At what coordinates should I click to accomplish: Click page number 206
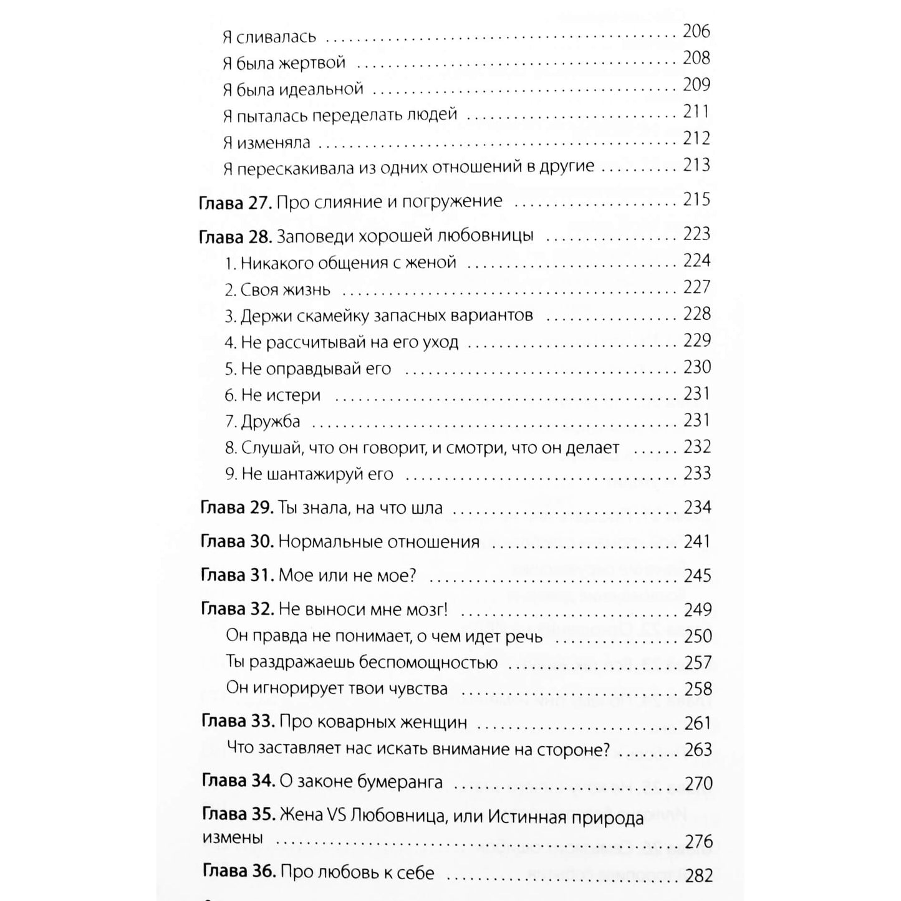coord(696,31)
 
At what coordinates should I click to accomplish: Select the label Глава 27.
coord(234,202)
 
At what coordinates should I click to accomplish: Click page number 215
coord(696,200)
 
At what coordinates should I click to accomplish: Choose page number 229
coord(696,340)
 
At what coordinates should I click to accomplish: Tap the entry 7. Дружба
coord(263,422)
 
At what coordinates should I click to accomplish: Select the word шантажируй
coord(304,475)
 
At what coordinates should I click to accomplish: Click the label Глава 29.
coord(236,508)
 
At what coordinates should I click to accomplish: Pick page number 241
coord(697,542)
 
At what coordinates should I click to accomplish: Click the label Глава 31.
coord(237,576)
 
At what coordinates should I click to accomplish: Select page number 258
coord(698,689)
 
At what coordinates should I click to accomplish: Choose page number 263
coord(698,749)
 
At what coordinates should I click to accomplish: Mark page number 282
coord(698,876)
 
